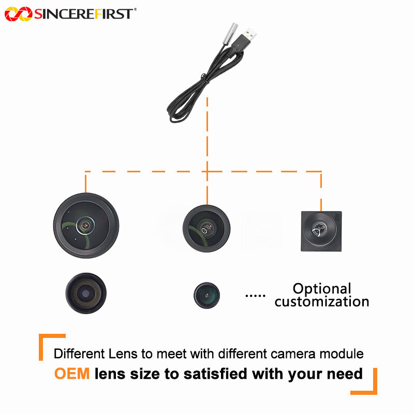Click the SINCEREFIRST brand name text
[83, 14]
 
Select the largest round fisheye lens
[86, 226]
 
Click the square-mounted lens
[321, 231]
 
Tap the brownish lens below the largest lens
[86, 293]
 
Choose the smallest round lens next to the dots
[206, 295]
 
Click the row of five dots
[254, 295]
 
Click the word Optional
[322, 289]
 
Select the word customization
[322, 302]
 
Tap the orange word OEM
[72, 373]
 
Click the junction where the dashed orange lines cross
[207, 171]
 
